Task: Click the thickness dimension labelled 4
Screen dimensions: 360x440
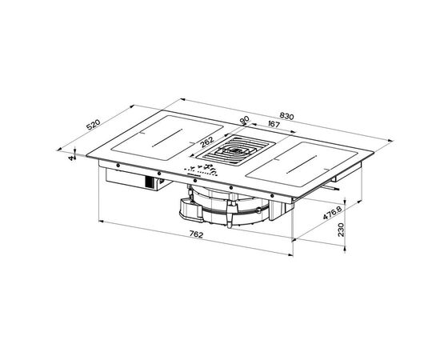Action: [x=71, y=158]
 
